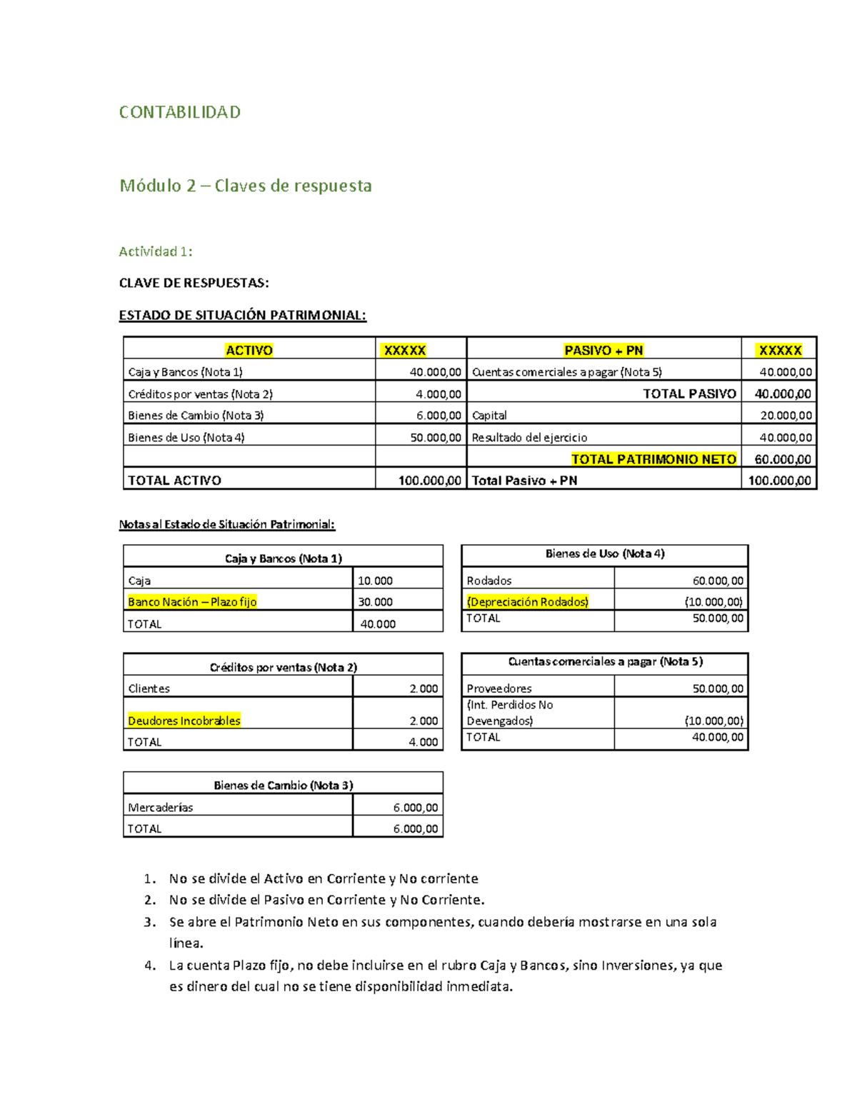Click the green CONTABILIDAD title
click(x=179, y=112)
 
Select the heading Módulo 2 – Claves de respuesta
click(x=246, y=186)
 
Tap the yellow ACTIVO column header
click(x=249, y=350)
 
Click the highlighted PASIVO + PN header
click(x=603, y=350)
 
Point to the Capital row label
click(x=489, y=416)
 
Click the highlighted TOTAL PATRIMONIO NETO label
click(x=653, y=459)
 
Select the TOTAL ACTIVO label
click(x=174, y=481)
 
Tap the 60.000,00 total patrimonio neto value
click(x=783, y=459)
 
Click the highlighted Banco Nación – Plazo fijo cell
click(x=192, y=602)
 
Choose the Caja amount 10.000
click(x=375, y=581)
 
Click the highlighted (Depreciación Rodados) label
click(x=528, y=602)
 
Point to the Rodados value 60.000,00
click(x=718, y=581)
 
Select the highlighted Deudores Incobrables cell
click(x=184, y=721)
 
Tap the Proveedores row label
click(x=499, y=688)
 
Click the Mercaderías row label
click(x=161, y=807)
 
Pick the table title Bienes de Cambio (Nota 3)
click(x=284, y=785)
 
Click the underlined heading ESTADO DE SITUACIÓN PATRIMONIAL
click(x=243, y=315)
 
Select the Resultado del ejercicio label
click(x=529, y=438)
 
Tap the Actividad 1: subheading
click(x=156, y=251)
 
